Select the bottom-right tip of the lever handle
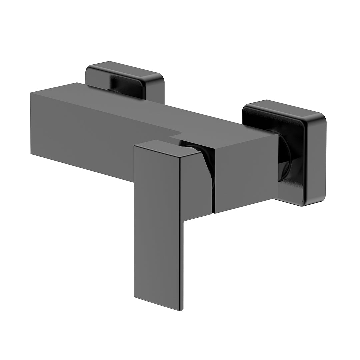(x=181, y=310)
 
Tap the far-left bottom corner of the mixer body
(x=31, y=154)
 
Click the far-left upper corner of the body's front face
(x=31, y=93)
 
